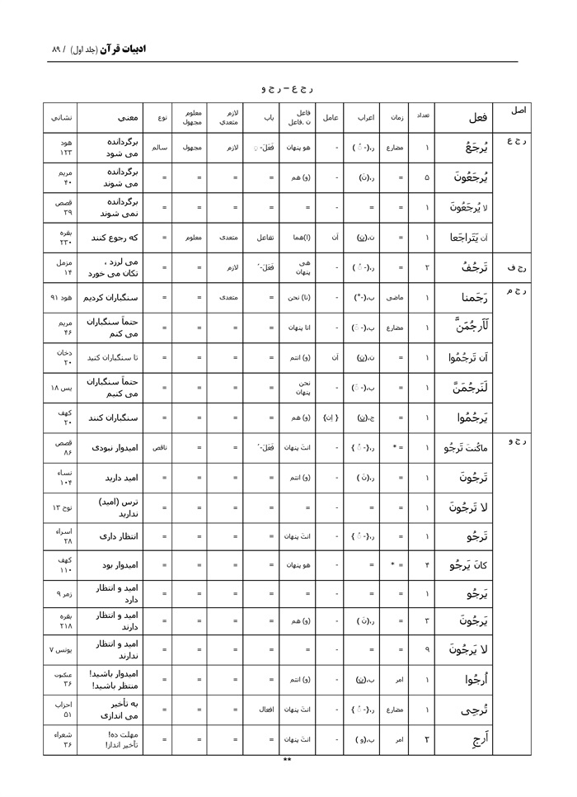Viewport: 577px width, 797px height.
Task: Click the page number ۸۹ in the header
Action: coord(57,49)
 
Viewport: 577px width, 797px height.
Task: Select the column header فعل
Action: coord(476,117)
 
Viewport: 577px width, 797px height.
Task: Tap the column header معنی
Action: coord(115,117)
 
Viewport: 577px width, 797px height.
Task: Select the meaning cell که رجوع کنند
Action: coord(114,237)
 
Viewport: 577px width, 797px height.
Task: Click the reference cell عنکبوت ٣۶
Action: coord(66,680)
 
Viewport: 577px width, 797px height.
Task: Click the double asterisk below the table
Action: coord(288,760)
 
